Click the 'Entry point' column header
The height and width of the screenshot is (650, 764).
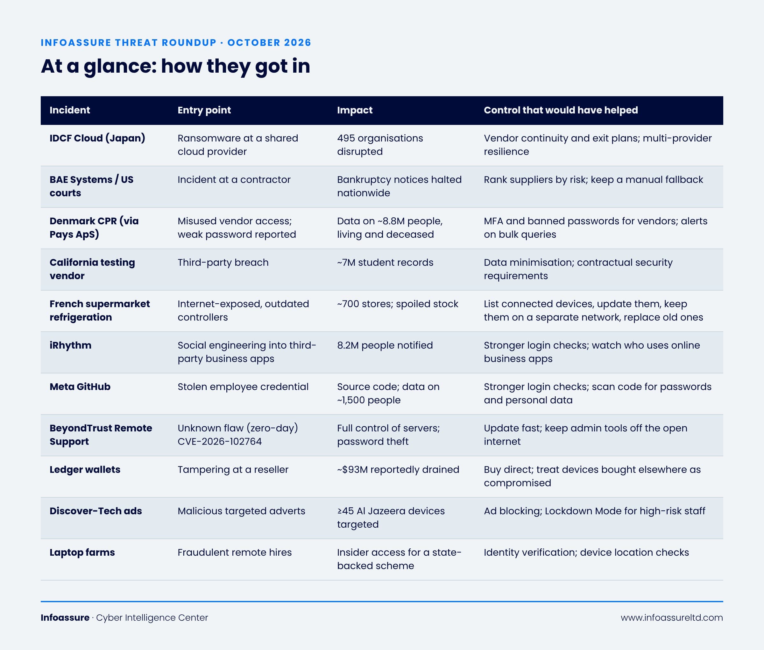(204, 110)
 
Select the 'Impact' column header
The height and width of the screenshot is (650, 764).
(355, 110)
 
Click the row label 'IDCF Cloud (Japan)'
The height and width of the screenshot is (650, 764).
(97, 138)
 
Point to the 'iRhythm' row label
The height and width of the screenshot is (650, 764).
(70, 345)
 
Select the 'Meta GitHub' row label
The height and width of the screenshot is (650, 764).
(80, 386)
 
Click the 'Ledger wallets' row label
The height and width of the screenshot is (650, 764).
(85, 469)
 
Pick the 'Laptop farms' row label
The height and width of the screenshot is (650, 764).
(82, 552)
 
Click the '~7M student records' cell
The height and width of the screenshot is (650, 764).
(385, 262)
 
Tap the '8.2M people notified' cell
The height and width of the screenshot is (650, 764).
(385, 345)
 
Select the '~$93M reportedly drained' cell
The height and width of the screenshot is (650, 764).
(398, 469)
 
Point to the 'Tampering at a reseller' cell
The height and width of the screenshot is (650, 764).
(233, 469)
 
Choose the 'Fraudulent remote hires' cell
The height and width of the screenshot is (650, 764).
(235, 552)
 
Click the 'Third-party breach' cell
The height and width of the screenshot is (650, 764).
(223, 262)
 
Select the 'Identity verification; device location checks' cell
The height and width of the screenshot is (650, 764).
(586, 552)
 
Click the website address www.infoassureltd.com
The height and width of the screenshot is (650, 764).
(672, 617)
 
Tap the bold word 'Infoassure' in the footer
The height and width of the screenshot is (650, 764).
(65, 617)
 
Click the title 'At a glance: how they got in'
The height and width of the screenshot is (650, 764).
(175, 66)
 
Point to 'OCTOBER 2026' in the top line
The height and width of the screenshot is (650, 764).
(269, 43)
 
